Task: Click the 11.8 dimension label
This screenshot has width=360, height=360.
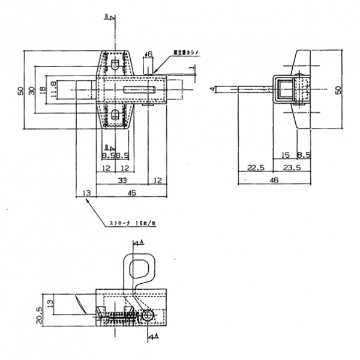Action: [x=53, y=90]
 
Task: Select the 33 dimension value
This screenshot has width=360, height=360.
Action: [x=122, y=180]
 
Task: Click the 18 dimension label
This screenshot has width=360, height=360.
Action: [x=43, y=90]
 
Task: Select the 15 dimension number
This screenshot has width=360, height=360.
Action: [x=286, y=155]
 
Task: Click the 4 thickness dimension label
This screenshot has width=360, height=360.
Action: [x=212, y=89]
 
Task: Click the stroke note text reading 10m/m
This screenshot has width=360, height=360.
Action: [x=132, y=224]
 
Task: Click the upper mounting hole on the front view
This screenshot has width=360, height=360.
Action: [x=115, y=63]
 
